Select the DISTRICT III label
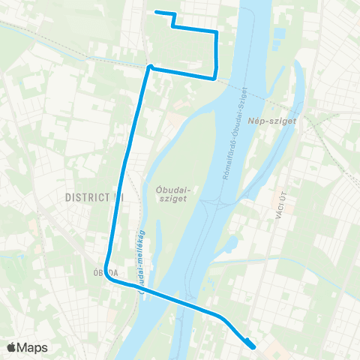(x=94, y=196)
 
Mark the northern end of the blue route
(x=155, y=11)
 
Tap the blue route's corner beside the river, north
(x=216, y=76)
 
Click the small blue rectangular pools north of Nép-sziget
(x=280, y=34)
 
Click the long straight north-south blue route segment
(x=129, y=165)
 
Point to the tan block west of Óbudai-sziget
(x=177, y=119)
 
